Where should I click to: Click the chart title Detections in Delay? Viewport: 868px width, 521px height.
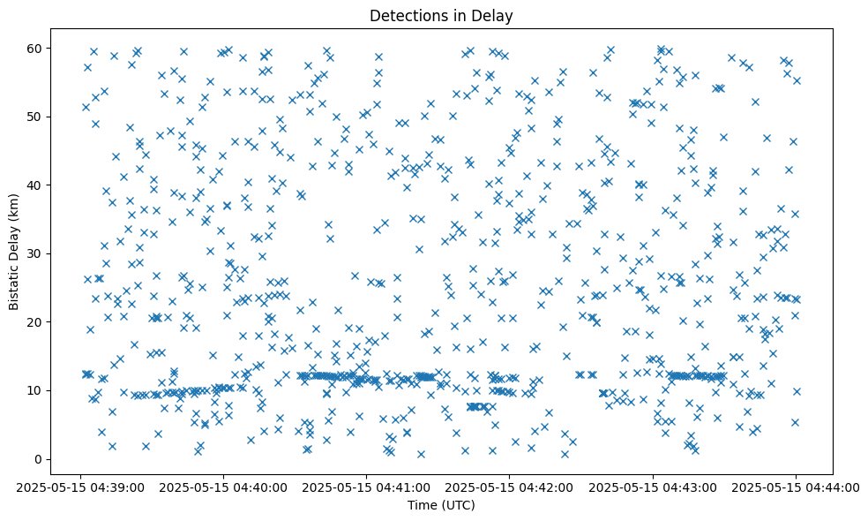click(x=441, y=16)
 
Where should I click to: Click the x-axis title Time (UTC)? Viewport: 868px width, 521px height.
click(x=441, y=505)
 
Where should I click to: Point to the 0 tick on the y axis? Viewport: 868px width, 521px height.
click(x=40, y=459)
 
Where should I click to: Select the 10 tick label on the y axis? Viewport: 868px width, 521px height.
click(x=36, y=390)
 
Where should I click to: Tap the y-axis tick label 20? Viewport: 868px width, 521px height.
click(x=36, y=322)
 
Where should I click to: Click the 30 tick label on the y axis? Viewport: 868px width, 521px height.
click(x=36, y=253)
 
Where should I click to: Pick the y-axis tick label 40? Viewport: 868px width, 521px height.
click(x=36, y=185)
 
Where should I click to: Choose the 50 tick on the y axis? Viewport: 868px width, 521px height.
click(x=36, y=117)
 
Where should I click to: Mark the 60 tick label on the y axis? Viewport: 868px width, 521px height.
click(x=36, y=48)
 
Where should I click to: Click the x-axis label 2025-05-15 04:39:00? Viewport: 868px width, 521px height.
click(x=80, y=487)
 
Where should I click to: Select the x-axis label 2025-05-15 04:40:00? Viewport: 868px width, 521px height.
click(x=223, y=487)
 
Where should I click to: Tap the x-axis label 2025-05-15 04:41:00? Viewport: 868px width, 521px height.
click(x=366, y=487)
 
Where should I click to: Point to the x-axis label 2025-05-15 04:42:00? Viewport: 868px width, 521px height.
click(x=509, y=487)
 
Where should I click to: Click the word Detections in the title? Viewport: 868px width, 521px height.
click(x=406, y=16)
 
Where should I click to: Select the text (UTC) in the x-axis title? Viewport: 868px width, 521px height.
click(x=459, y=505)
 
